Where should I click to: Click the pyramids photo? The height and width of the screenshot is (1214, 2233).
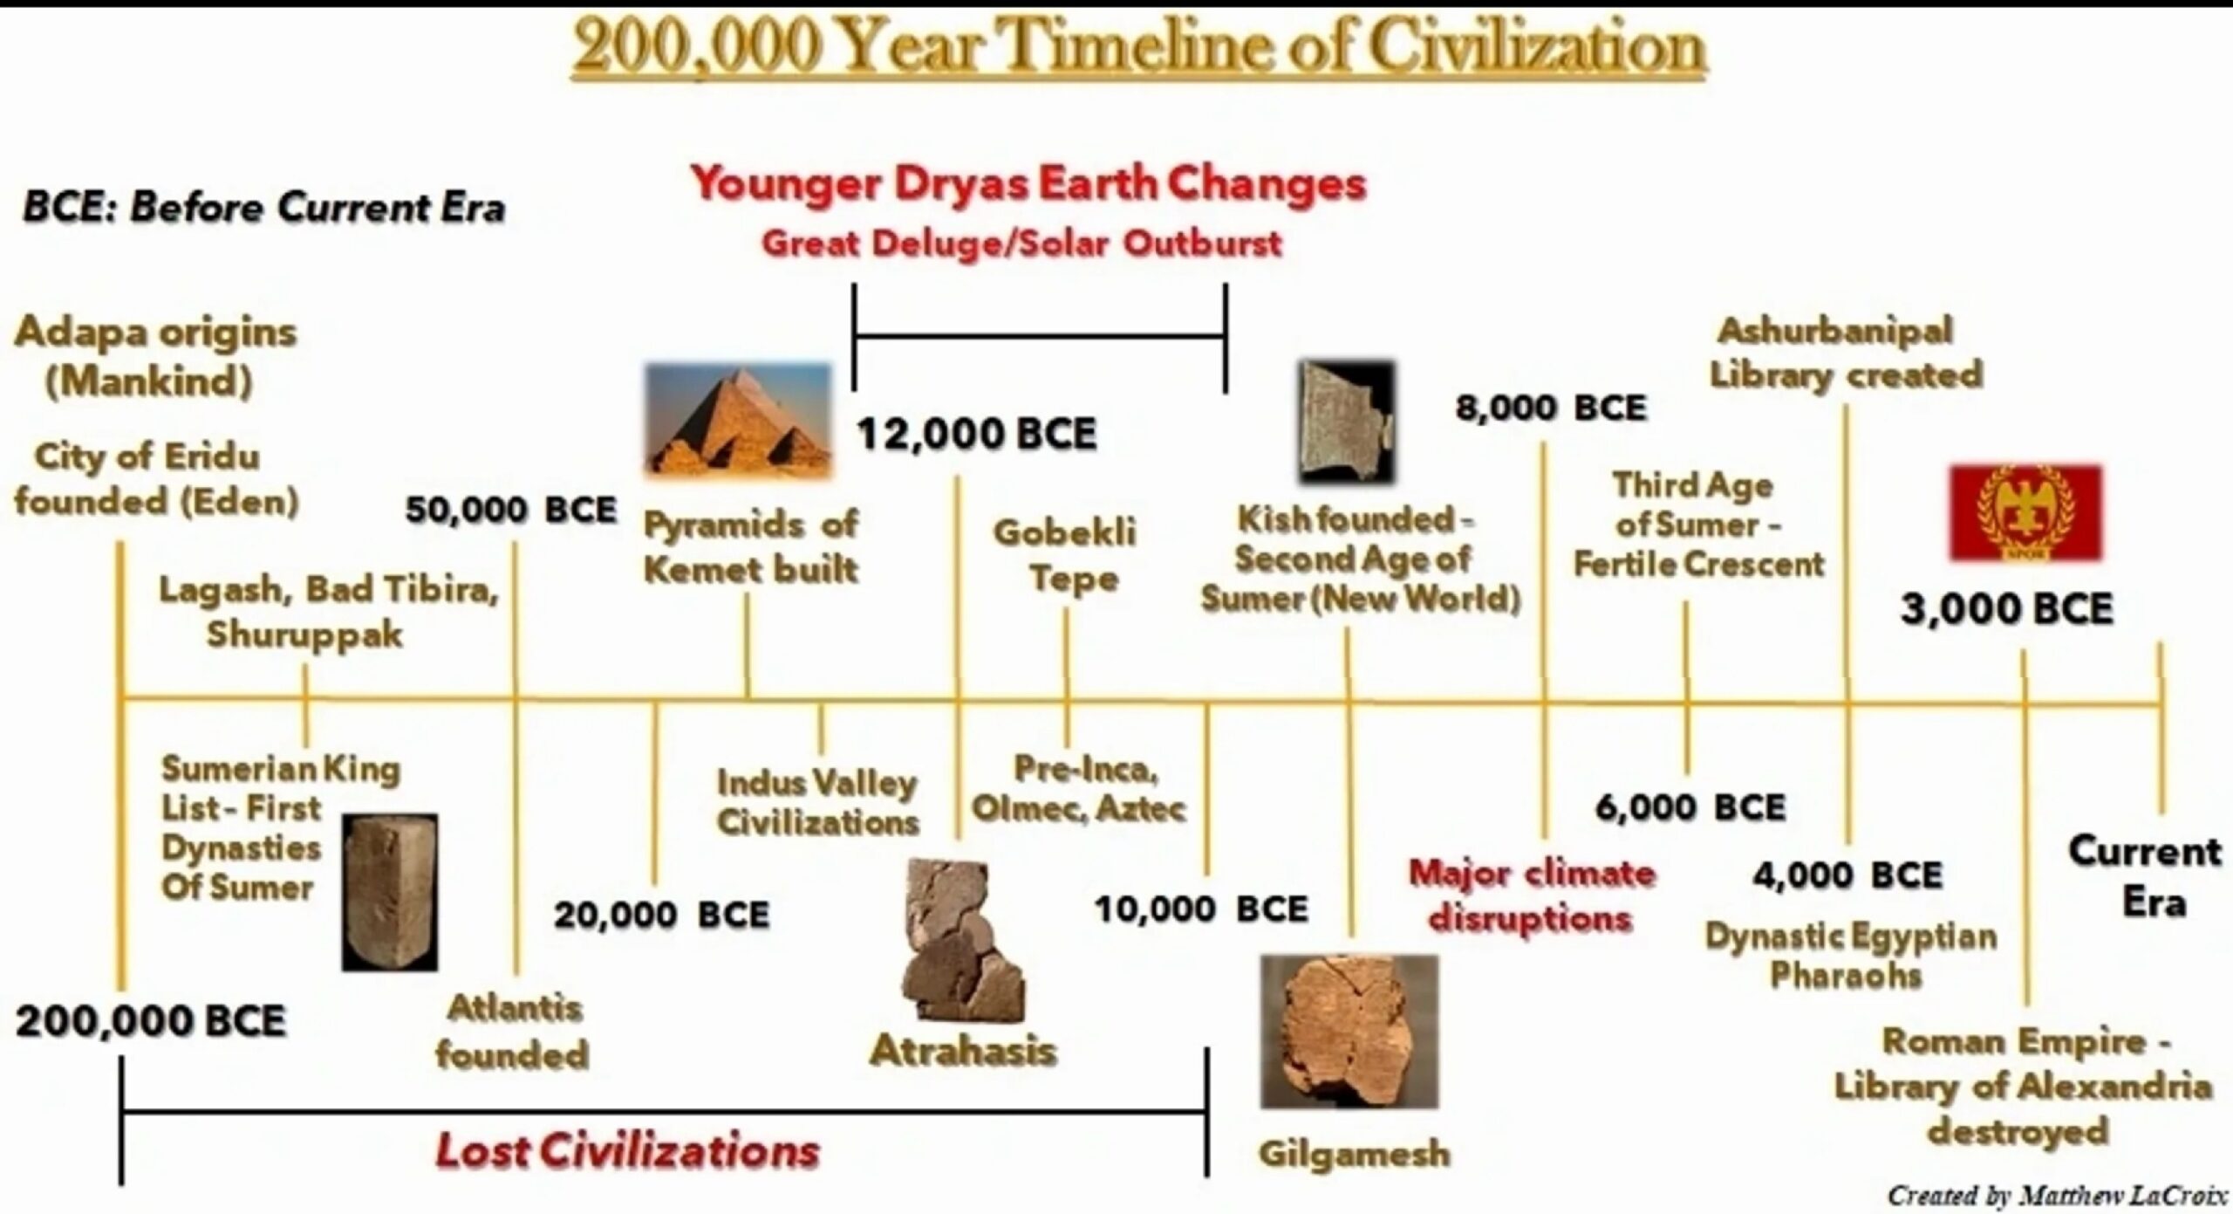point(738,421)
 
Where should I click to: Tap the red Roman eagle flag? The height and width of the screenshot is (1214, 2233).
point(2025,513)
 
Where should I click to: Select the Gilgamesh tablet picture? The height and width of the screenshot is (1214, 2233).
point(1349,1032)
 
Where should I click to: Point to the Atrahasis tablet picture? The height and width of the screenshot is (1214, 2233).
point(963,941)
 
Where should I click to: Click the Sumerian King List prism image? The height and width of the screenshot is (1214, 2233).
point(389,892)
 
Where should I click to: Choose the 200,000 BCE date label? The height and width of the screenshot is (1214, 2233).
point(151,1021)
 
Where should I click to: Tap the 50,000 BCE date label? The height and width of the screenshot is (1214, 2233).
point(511,510)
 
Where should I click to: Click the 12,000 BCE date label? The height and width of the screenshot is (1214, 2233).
point(976,434)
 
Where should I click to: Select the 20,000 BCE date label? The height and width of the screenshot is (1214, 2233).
point(662,915)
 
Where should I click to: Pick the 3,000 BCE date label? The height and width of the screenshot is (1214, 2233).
point(2007,609)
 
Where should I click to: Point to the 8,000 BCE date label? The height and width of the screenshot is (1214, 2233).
point(1551,408)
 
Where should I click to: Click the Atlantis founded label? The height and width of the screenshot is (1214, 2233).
point(513,1032)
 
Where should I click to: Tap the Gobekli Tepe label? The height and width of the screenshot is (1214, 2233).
point(1066,555)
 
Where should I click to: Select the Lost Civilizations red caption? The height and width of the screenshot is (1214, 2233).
point(627,1150)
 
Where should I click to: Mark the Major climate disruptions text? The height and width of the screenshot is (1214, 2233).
point(1532,895)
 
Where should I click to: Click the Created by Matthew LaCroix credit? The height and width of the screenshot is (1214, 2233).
point(2057,1194)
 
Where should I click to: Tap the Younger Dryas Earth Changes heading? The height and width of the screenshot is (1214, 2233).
point(1028,184)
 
